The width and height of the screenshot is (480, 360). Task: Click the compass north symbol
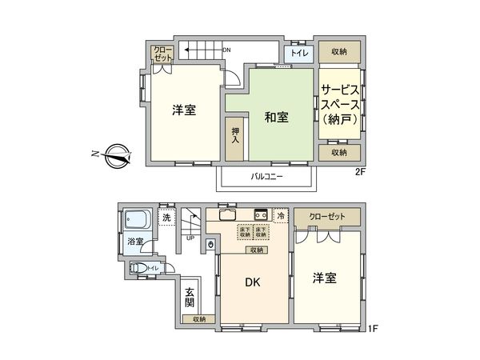click(115, 154)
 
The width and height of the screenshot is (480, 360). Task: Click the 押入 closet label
click(235, 135)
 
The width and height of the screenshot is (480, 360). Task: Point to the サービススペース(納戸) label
click(340, 103)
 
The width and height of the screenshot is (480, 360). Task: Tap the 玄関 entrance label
click(190, 298)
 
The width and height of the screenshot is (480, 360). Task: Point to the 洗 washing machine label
click(166, 218)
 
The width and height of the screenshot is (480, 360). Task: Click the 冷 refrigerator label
click(281, 215)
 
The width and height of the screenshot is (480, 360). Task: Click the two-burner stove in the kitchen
click(260, 214)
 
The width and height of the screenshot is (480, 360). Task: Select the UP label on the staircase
click(190, 238)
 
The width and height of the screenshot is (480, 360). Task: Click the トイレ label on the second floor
click(300, 54)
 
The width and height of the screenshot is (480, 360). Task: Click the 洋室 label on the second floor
click(184, 110)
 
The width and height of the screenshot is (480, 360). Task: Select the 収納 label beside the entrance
click(198, 319)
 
